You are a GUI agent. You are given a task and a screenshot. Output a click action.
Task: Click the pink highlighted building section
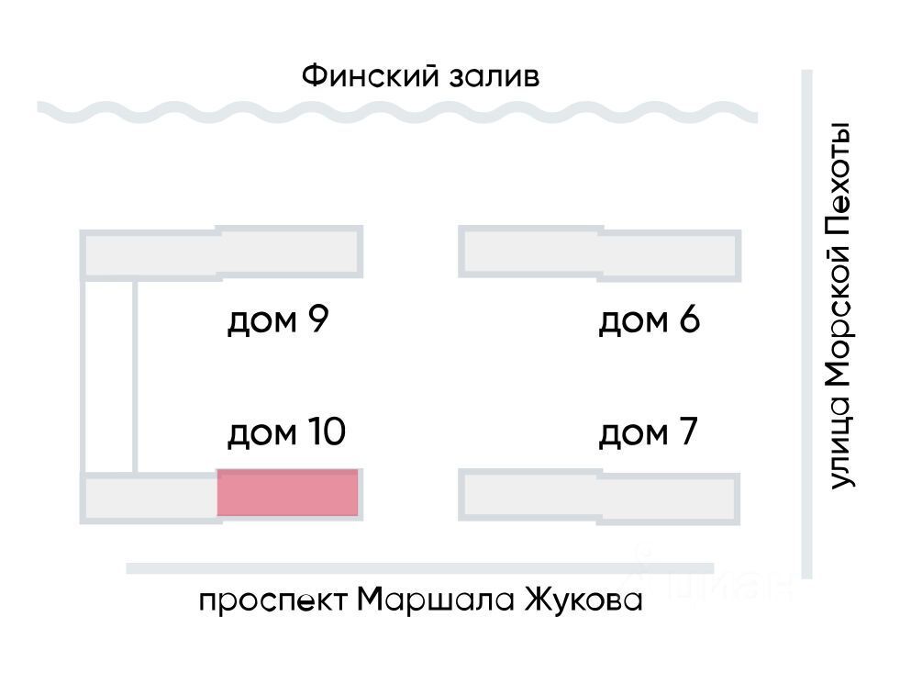287,492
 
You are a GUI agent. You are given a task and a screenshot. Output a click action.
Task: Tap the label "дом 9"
277,321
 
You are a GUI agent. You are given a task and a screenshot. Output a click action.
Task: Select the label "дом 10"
285,432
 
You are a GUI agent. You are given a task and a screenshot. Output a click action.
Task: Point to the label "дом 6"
649,321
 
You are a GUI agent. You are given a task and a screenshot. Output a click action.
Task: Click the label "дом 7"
649,432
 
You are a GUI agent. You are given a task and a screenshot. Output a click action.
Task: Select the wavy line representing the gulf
398,112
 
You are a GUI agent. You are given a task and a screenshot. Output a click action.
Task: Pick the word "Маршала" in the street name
436,601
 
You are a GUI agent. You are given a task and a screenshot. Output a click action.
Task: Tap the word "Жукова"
583,601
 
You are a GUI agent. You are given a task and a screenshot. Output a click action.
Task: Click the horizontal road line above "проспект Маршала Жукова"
419,568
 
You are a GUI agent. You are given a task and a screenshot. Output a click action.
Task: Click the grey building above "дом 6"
600,252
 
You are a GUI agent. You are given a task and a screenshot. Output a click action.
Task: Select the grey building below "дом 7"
600,497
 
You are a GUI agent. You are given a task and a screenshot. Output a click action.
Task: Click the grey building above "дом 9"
222,252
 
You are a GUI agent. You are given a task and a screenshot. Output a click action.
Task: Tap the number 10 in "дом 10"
325,432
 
